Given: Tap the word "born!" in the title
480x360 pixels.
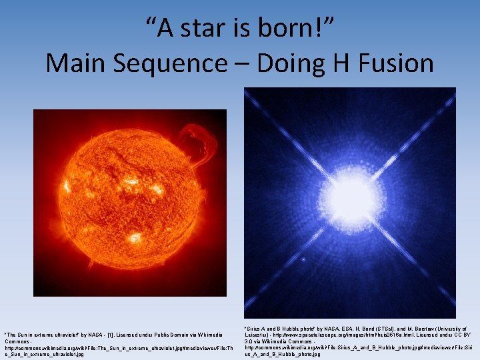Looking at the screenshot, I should (299, 28).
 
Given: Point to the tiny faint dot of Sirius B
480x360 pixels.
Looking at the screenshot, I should (305, 259).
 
